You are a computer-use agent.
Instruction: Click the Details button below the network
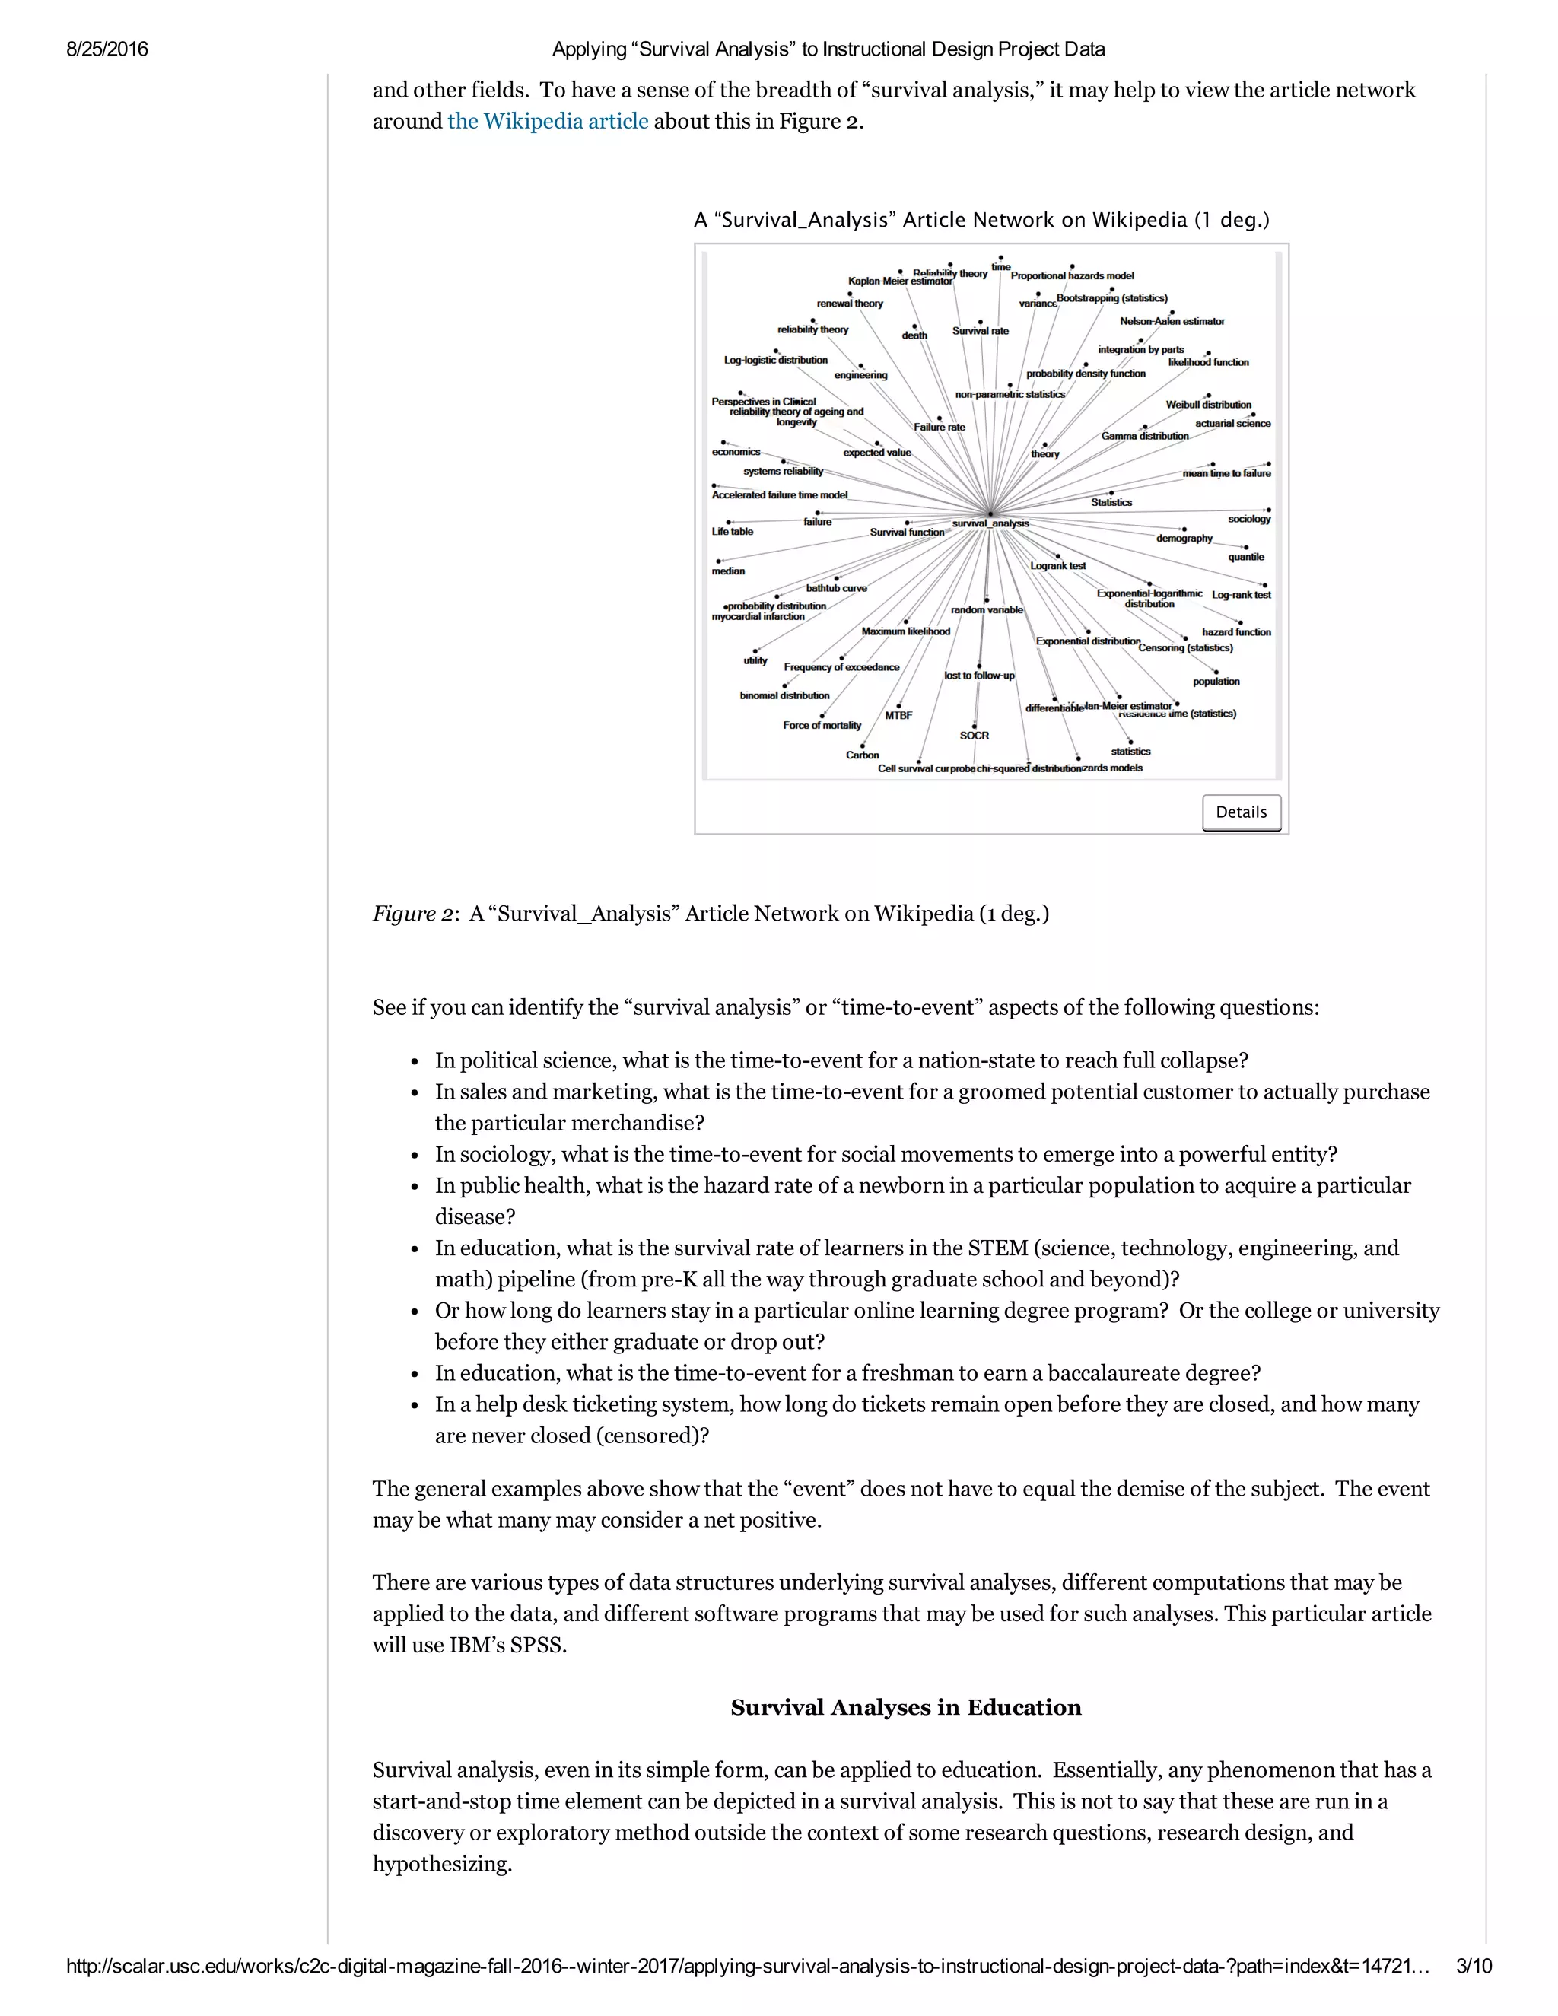click(x=1241, y=812)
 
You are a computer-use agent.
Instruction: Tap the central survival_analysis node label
click(x=990, y=523)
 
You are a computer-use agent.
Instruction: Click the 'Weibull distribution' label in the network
click(x=1207, y=404)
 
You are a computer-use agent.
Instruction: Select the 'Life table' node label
click(x=732, y=532)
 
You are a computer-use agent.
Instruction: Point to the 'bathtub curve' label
click(x=836, y=588)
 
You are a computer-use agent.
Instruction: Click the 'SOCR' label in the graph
click(x=974, y=736)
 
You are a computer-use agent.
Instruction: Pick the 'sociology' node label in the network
click(x=1249, y=519)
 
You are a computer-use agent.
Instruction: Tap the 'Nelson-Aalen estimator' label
click(x=1172, y=321)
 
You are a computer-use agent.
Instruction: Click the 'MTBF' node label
click(x=898, y=715)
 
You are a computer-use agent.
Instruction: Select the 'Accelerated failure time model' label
click(x=779, y=494)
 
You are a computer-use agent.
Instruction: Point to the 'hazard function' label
click(x=1236, y=632)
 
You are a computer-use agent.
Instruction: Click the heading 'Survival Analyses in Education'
click(x=905, y=1708)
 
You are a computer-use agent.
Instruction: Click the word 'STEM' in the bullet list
click(x=997, y=1248)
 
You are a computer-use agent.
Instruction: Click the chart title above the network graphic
click(x=981, y=220)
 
